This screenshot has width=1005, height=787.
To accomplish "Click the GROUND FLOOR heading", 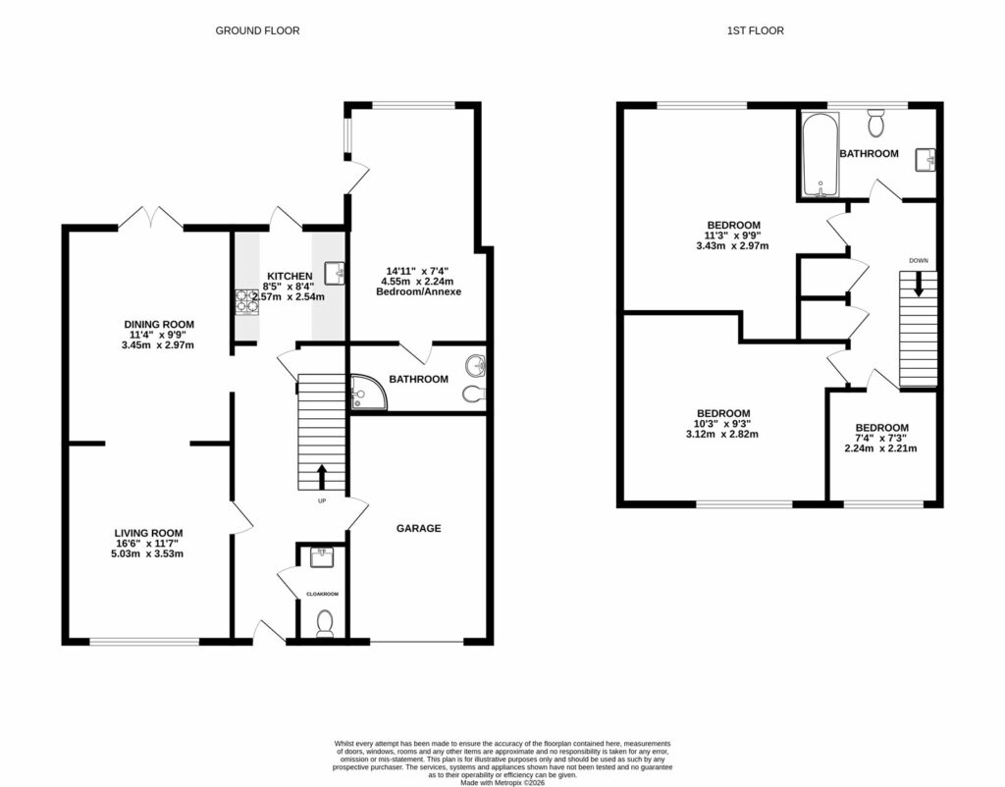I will click(x=257, y=30).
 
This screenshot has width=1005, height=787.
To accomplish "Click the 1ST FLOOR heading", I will click(x=755, y=30).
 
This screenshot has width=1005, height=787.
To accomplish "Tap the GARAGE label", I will click(x=418, y=528).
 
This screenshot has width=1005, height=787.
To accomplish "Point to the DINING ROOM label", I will click(x=158, y=324).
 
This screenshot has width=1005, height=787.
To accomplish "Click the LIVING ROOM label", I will click(x=148, y=533).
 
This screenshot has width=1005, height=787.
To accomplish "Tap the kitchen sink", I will click(x=334, y=272).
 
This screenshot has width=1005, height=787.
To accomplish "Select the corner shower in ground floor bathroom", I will click(x=366, y=393).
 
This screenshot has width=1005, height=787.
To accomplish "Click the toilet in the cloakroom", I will click(x=326, y=621).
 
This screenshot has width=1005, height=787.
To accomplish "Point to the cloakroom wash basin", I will click(x=321, y=557).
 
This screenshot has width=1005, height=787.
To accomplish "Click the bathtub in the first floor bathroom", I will click(x=817, y=155).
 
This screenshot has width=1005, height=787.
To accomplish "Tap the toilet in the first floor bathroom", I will click(x=876, y=122).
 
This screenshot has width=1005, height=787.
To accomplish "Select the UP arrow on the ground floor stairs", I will click(x=321, y=477).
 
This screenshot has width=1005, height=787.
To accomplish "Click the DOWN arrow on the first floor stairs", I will click(x=919, y=285).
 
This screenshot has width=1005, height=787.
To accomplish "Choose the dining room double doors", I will click(x=151, y=218).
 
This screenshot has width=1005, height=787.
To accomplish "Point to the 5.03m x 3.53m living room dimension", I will click(x=148, y=554).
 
